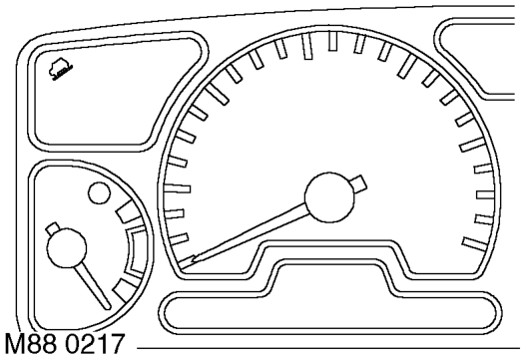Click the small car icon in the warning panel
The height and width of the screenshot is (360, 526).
click(x=61, y=70)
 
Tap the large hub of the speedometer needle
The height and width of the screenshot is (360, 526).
click(x=329, y=197)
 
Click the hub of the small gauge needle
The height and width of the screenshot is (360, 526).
click(x=67, y=248)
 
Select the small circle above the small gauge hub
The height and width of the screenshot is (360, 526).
click(x=99, y=193)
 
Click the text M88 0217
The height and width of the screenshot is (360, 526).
click(x=65, y=344)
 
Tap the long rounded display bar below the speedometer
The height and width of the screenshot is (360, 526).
click(x=330, y=313)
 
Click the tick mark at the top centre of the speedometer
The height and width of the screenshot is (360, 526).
click(x=332, y=41)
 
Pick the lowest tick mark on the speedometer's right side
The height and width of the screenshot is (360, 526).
click(x=475, y=244)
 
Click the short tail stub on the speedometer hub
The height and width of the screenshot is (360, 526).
click(x=358, y=184)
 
